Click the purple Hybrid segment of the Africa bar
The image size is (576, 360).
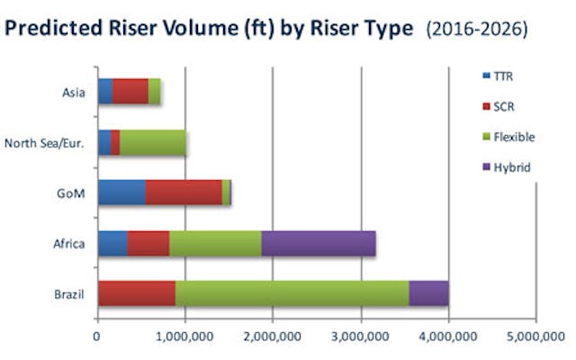pyautogui.click(x=319, y=243)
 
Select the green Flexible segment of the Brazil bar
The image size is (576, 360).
pyautogui.click(x=292, y=293)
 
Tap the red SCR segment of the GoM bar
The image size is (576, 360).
pyautogui.click(x=184, y=193)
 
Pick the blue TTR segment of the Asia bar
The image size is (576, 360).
pyautogui.click(x=105, y=91)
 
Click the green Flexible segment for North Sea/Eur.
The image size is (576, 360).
pyautogui.click(x=153, y=142)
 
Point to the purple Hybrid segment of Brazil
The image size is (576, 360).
pyautogui.click(x=428, y=293)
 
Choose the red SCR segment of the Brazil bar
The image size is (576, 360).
pyautogui.click(x=137, y=293)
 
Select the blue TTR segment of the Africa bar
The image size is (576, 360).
pyautogui.click(x=112, y=243)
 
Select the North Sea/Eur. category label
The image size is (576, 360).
pyautogui.click(x=45, y=142)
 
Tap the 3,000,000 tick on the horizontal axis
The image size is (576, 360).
pyautogui.click(x=361, y=339)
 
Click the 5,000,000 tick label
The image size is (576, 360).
pyautogui.click(x=536, y=339)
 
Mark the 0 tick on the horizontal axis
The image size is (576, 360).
pyautogui.click(x=97, y=339)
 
